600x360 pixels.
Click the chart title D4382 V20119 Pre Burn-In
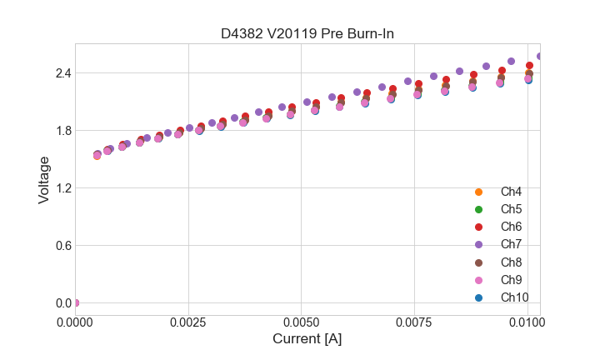pos(307,34)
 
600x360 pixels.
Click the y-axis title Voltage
pos(44,180)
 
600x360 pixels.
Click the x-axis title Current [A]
pos(307,339)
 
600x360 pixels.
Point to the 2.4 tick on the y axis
pos(62,73)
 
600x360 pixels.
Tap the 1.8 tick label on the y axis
pos(62,131)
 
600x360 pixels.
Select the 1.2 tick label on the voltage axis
pos(62,188)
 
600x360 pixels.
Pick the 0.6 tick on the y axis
pos(62,246)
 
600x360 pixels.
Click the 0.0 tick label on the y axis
pos(62,303)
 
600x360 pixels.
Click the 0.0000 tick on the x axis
pos(76,321)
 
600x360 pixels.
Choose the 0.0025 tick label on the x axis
pos(189,321)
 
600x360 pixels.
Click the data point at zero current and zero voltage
pos(76,302)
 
